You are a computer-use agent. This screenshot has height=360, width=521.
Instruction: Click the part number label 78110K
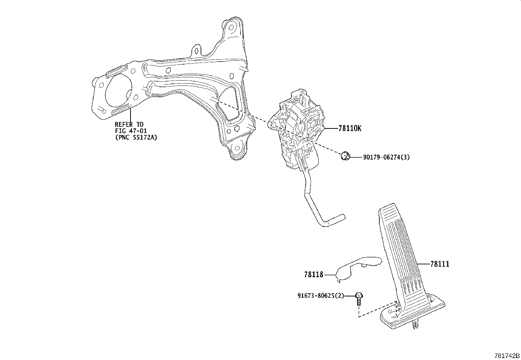click(x=350, y=128)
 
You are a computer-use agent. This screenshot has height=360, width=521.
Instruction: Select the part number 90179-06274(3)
click(x=386, y=158)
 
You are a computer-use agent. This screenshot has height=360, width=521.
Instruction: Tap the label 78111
click(x=440, y=264)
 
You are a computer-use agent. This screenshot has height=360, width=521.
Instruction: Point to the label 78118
click(x=314, y=275)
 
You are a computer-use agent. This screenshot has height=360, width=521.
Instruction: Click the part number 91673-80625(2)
click(x=321, y=296)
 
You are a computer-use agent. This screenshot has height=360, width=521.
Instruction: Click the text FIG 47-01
click(x=131, y=131)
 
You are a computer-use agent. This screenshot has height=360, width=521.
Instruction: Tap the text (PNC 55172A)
click(x=136, y=137)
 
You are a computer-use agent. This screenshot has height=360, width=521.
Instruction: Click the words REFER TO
click(x=129, y=124)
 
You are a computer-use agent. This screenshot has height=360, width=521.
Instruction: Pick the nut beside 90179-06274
click(x=346, y=156)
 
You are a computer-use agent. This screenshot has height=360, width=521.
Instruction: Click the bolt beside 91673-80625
click(x=359, y=299)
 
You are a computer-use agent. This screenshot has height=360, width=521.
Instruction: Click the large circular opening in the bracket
click(x=118, y=92)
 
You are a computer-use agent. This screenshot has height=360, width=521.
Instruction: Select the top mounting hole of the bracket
click(x=231, y=28)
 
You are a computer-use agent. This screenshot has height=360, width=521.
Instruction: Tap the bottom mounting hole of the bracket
click(x=237, y=148)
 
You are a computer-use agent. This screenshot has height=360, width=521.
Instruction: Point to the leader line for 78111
click(x=423, y=264)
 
